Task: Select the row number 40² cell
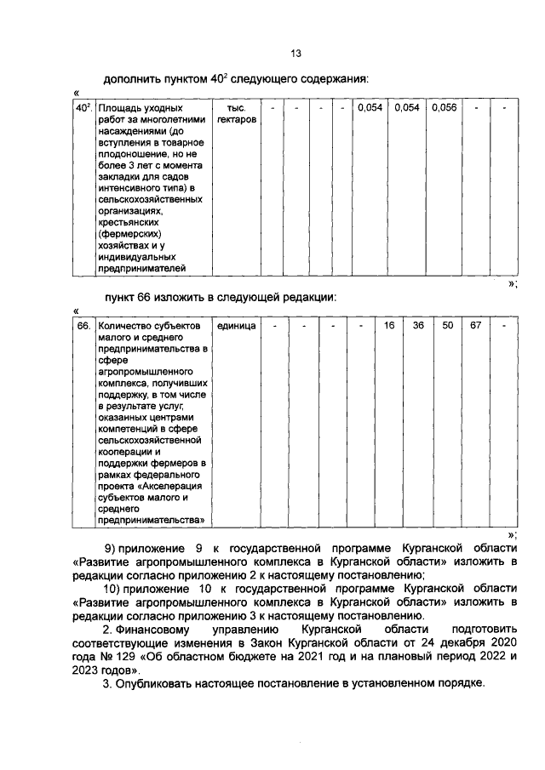coord(83,108)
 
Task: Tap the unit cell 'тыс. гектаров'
coord(236,115)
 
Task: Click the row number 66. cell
coord(83,327)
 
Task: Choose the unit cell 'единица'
coord(235,327)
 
